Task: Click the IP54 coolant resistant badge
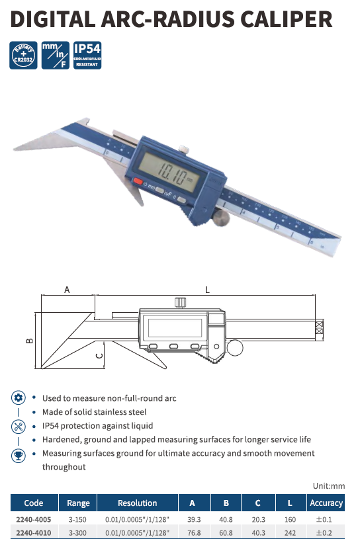pos(87,56)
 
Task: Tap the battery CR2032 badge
pos(23,56)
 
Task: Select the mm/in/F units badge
pos(55,56)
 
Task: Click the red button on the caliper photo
pos(138,181)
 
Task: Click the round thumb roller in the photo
pos(221,218)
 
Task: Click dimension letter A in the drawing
pos(67,290)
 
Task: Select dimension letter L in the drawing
pos(207,290)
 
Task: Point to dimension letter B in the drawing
pos(30,341)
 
